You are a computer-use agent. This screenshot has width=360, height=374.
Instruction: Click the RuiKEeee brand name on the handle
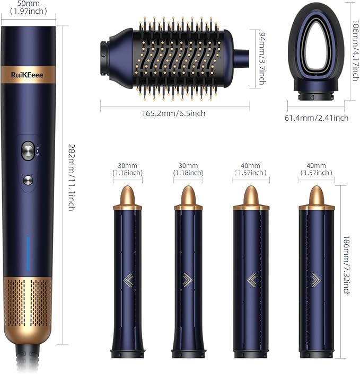[x=27, y=75]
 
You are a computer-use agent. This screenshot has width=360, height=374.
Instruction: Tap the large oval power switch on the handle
[x=28, y=150]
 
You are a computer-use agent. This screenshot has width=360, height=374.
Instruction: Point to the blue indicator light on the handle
[x=28, y=254]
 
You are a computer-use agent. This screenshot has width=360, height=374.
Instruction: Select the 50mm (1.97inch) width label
[x=29, y=7]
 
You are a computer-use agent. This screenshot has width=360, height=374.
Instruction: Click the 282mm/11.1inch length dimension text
[x=72, y=177]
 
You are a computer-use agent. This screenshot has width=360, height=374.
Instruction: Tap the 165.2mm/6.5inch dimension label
[x=173, y=113]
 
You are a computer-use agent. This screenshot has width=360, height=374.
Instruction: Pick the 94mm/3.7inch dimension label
[x=262, y=59]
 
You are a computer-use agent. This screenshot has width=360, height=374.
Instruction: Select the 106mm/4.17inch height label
[x=356, y=50]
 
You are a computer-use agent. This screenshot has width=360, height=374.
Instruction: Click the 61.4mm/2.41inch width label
[x=317, y=118]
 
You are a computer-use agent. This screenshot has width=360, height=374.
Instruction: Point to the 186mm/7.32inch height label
[x=347, y=265]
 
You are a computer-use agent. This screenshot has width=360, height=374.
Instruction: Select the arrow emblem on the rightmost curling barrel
[x=316, y=280]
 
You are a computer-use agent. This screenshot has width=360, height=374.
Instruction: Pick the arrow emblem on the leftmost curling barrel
[x=128, y=280]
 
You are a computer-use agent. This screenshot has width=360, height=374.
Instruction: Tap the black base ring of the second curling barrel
[x=189, y=353]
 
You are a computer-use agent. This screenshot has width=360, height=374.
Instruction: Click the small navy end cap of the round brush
[x=241, y=59]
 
